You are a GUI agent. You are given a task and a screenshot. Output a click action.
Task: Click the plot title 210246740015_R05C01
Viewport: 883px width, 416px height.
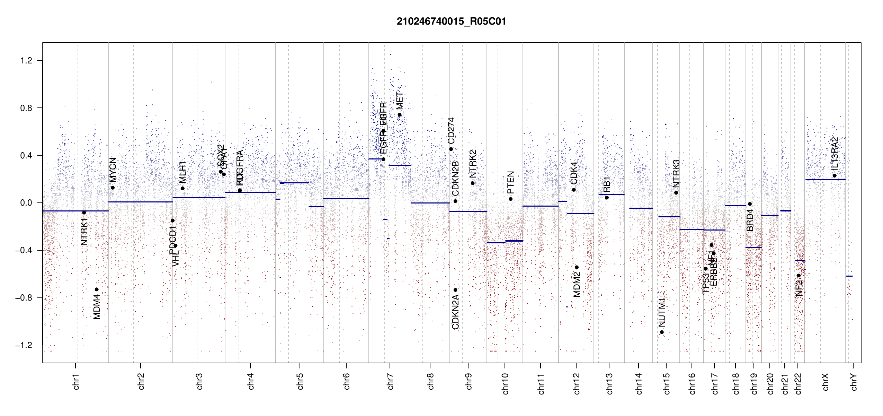point(451,21)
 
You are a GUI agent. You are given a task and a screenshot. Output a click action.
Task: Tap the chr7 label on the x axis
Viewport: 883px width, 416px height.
point(390,381)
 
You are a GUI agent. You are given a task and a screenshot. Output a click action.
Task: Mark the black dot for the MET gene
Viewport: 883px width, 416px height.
point(400,115)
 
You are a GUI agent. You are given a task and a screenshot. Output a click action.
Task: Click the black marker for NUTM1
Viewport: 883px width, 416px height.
point(662,332)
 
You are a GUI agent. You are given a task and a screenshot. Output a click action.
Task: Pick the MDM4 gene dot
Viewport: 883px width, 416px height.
point(97,289)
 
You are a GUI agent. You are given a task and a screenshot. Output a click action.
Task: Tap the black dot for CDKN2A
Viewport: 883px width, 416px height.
point(455,290)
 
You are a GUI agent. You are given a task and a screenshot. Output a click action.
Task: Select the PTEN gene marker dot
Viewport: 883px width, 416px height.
point(510,199)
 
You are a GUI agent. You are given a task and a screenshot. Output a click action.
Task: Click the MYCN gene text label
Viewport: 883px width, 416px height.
point(113,170)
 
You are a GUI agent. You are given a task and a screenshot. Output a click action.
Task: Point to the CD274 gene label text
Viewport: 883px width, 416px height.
point(451,131)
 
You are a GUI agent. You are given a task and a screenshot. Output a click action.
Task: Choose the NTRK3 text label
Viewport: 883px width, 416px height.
point(676,173)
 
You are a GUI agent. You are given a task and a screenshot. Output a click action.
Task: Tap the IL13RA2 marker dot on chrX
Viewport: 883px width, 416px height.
point(835,176)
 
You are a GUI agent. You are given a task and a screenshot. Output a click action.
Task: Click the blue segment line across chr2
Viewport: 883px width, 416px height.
point(140,202)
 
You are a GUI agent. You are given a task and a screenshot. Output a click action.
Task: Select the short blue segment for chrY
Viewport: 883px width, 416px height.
point(849,276)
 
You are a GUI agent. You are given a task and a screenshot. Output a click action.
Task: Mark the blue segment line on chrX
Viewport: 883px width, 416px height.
point(825,180)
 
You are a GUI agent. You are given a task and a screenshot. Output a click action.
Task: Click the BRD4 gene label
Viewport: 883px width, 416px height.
point(750,220)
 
